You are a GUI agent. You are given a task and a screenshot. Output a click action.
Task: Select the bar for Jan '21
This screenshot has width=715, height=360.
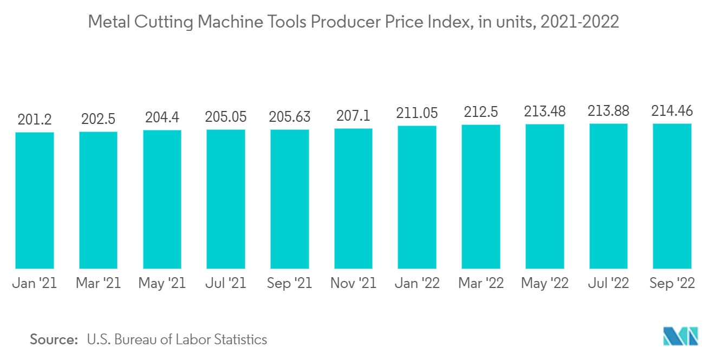tap(34, 200)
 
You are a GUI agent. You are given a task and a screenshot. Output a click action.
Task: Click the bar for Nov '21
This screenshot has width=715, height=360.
tap(353, 199)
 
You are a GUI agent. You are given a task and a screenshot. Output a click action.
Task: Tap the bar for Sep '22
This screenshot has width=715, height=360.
tap(672, 196)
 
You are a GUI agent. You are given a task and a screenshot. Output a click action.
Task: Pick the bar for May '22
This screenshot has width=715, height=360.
tap(544, 197)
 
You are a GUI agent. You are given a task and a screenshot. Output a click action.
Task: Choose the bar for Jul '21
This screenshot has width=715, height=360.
tap(226, 199)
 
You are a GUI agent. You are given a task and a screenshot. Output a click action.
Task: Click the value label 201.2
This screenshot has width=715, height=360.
tap(34, 119)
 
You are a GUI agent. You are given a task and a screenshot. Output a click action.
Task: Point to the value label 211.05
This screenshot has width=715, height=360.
tap(417, 113)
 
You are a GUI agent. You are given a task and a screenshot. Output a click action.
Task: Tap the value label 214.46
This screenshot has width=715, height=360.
tap(672, 111)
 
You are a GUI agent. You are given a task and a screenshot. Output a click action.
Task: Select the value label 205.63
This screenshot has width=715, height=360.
tap(290, 116)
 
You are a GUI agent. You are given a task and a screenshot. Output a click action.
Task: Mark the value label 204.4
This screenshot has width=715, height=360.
tap(162, 117)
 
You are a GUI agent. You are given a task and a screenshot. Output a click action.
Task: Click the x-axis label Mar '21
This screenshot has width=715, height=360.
tap(98, 283)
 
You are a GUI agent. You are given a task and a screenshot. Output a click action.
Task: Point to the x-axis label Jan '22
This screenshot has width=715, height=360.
tap(417, 283)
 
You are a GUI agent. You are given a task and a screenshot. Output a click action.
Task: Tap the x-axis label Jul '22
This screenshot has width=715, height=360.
tap(608, 283)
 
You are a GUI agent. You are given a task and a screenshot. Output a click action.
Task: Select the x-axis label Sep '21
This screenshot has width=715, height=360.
tap(290, 283)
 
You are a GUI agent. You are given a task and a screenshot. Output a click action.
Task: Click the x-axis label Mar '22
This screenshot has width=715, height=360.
tap(481, 283)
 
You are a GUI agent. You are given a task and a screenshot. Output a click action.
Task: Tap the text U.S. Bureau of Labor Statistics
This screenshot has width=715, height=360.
tap(177, 339)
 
